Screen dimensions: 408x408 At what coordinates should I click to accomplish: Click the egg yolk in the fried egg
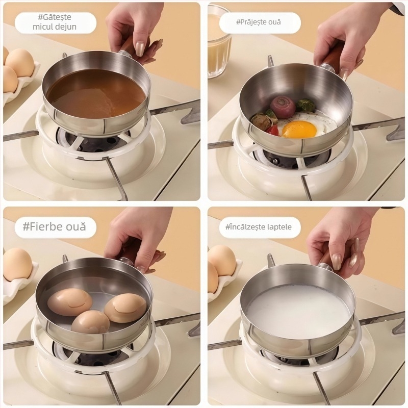pyautogui.click(x=299, y=129)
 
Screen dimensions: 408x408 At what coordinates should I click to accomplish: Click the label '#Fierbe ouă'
pyautogui.click(x=55, y=226)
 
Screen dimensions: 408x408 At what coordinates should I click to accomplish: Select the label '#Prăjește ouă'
pyautogui.click(x=259, y=22)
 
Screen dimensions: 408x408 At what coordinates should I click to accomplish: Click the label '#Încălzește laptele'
pyautogui.click(x=259, y=227)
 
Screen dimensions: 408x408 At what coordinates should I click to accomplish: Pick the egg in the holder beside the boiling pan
pyautogui.click(x=18, y=264)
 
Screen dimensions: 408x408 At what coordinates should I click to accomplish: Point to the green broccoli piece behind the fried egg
pyautogui.click(x=305, y=105)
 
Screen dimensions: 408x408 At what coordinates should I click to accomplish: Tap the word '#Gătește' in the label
pyautogui.click(x=55, y=17)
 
